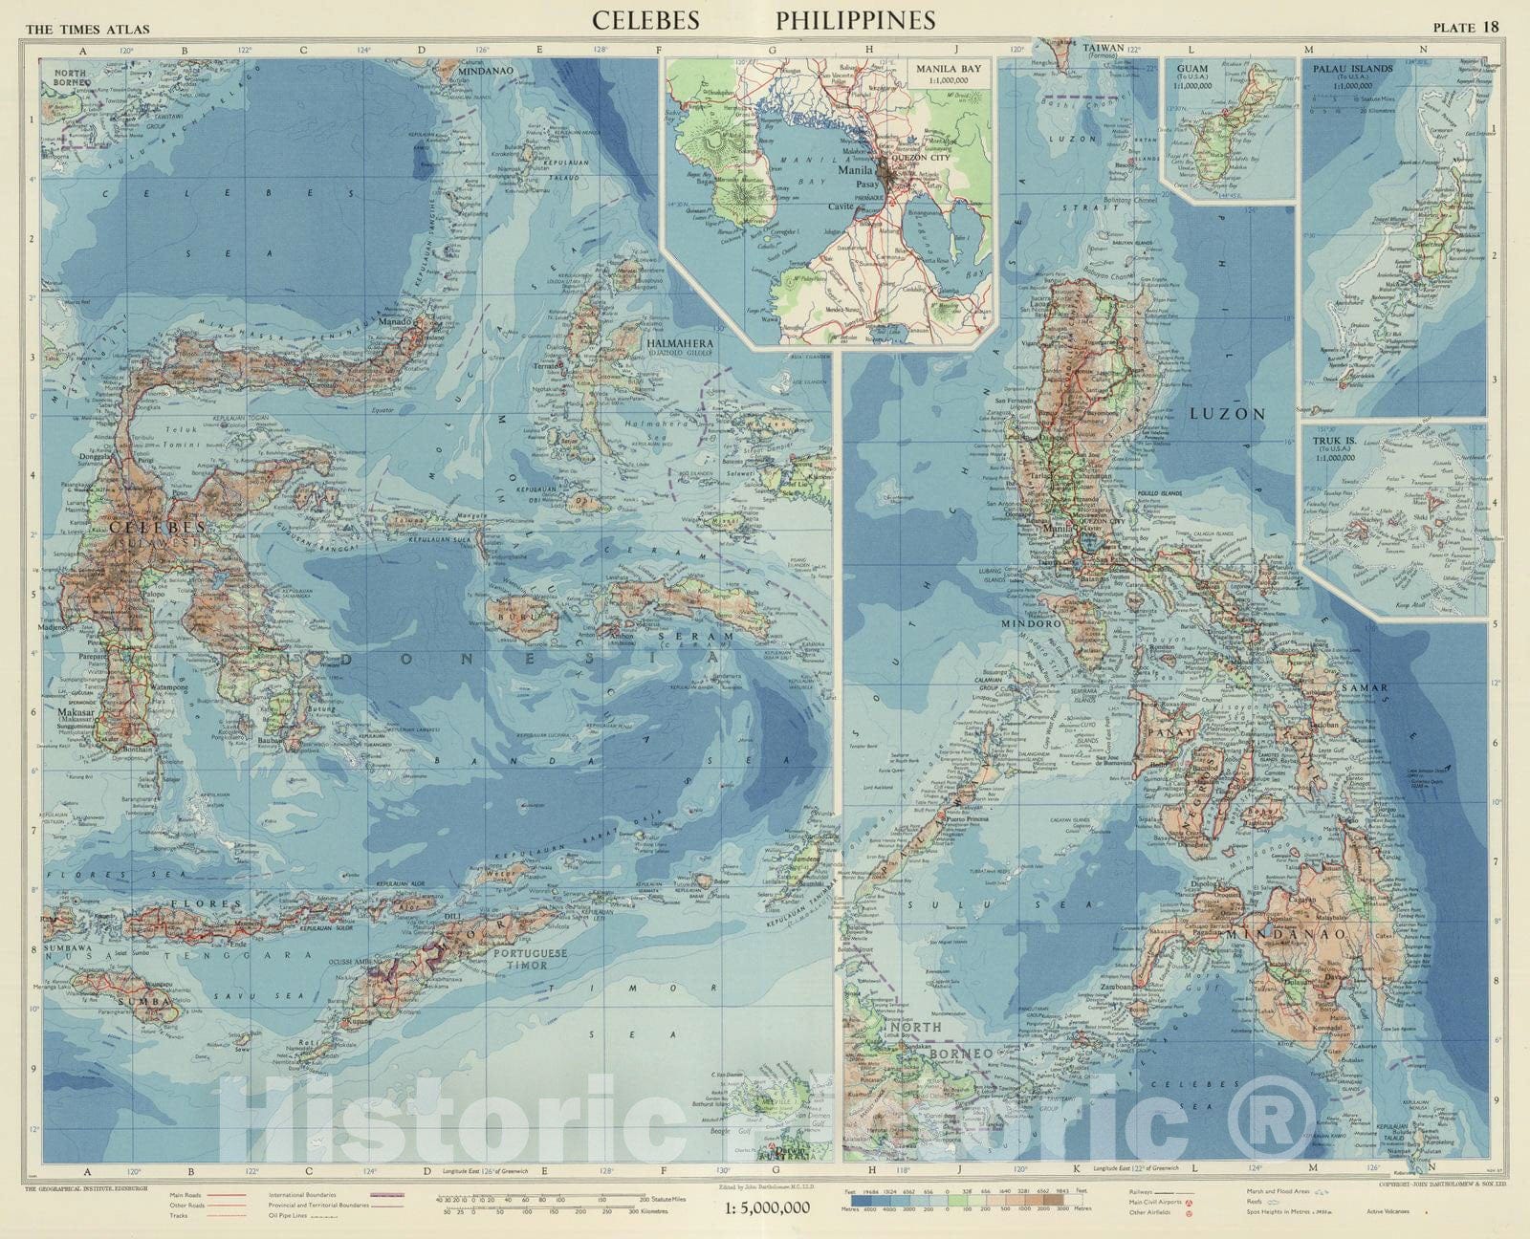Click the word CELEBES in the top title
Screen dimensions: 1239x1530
pos(645,20)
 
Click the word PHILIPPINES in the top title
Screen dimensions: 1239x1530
pos(855,20)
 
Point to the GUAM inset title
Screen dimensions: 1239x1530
pos(1192,69)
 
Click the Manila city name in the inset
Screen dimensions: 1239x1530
pos(857,168)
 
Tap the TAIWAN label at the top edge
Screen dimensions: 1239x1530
pos(1096,46)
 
